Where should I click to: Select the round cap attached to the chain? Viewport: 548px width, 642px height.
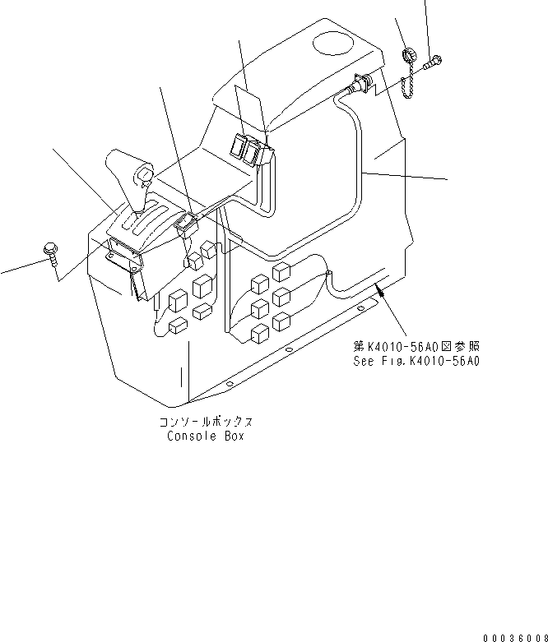(x=406, y=56)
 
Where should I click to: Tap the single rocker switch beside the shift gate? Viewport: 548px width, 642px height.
(x=188, y=222)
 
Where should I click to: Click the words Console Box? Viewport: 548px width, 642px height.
(x=206, y=436)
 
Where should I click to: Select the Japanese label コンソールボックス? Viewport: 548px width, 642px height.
(x=206, y=422)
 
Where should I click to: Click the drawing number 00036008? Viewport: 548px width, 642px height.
(x=514, y=636)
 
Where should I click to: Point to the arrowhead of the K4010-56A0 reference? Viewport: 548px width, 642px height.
(x=379, y=286)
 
